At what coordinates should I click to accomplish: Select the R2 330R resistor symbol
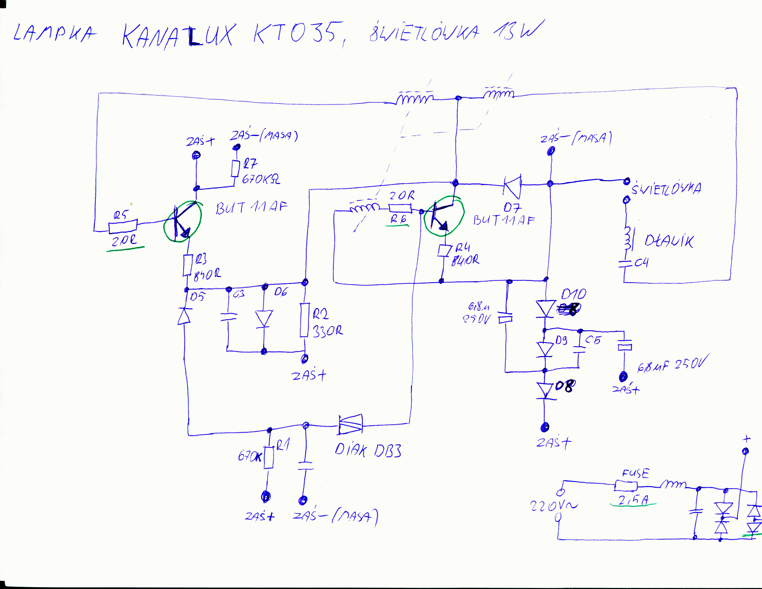pos(304,320)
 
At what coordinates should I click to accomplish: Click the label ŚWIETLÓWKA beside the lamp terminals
pos(666,188)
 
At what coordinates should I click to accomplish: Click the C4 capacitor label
pos(641,262)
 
